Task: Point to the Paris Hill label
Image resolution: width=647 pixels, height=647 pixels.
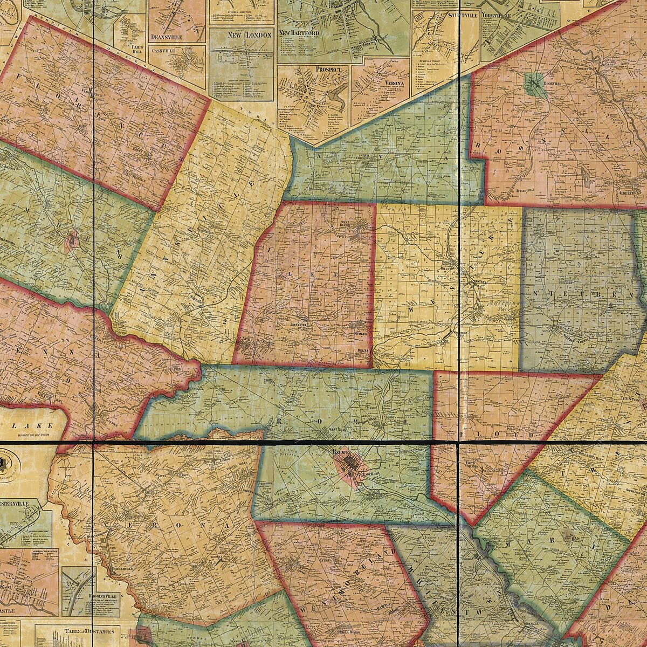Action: [139, 50]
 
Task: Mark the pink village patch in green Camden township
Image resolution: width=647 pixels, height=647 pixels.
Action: [72, 241]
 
